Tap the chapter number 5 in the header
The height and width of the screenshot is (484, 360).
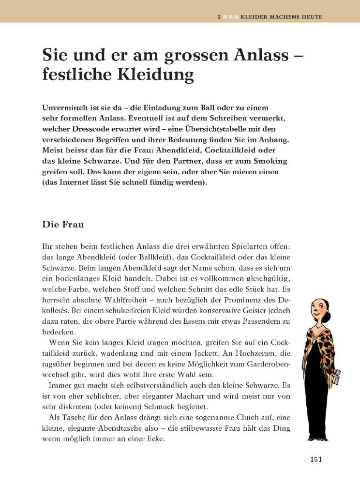[219, 16]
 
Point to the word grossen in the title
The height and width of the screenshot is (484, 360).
[176, 51]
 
